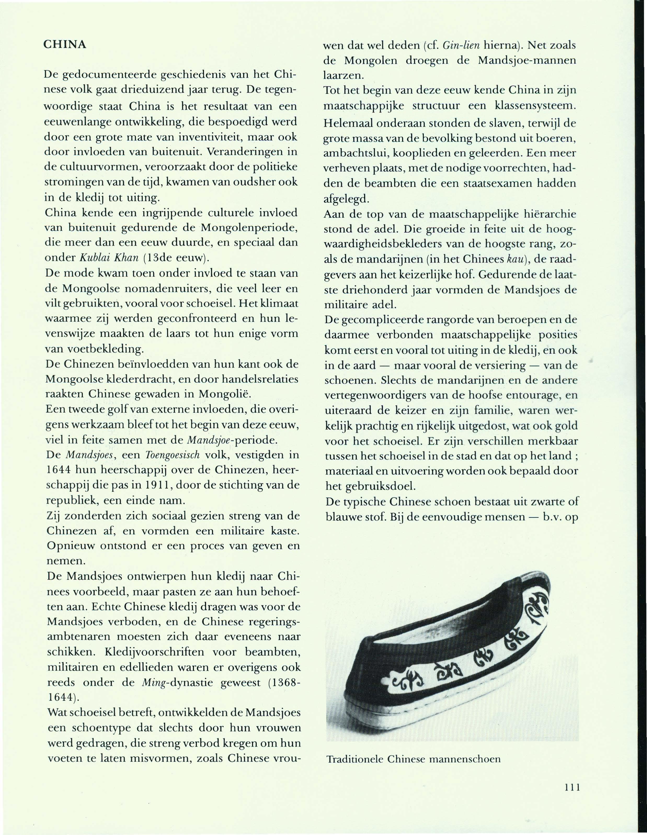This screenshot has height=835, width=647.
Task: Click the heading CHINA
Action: coord(65,45)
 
